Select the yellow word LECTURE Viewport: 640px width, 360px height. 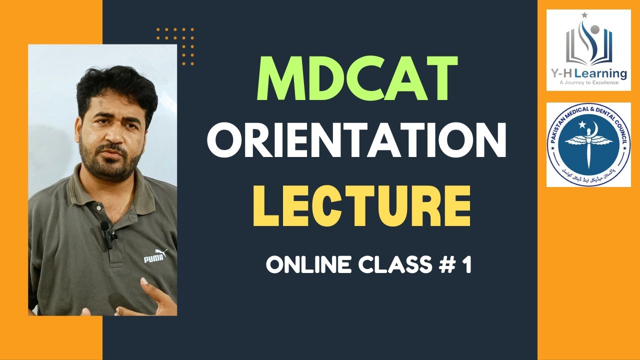[361, 205]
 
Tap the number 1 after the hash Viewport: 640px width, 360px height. [467, 265]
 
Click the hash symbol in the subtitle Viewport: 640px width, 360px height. [446, 265]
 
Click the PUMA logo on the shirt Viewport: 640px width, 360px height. [154, 257]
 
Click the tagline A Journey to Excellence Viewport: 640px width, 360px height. [588, 82]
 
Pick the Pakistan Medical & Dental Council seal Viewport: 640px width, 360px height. [588, 145]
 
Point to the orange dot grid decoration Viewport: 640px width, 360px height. [175, 46]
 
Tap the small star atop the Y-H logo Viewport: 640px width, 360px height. [584, 15]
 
